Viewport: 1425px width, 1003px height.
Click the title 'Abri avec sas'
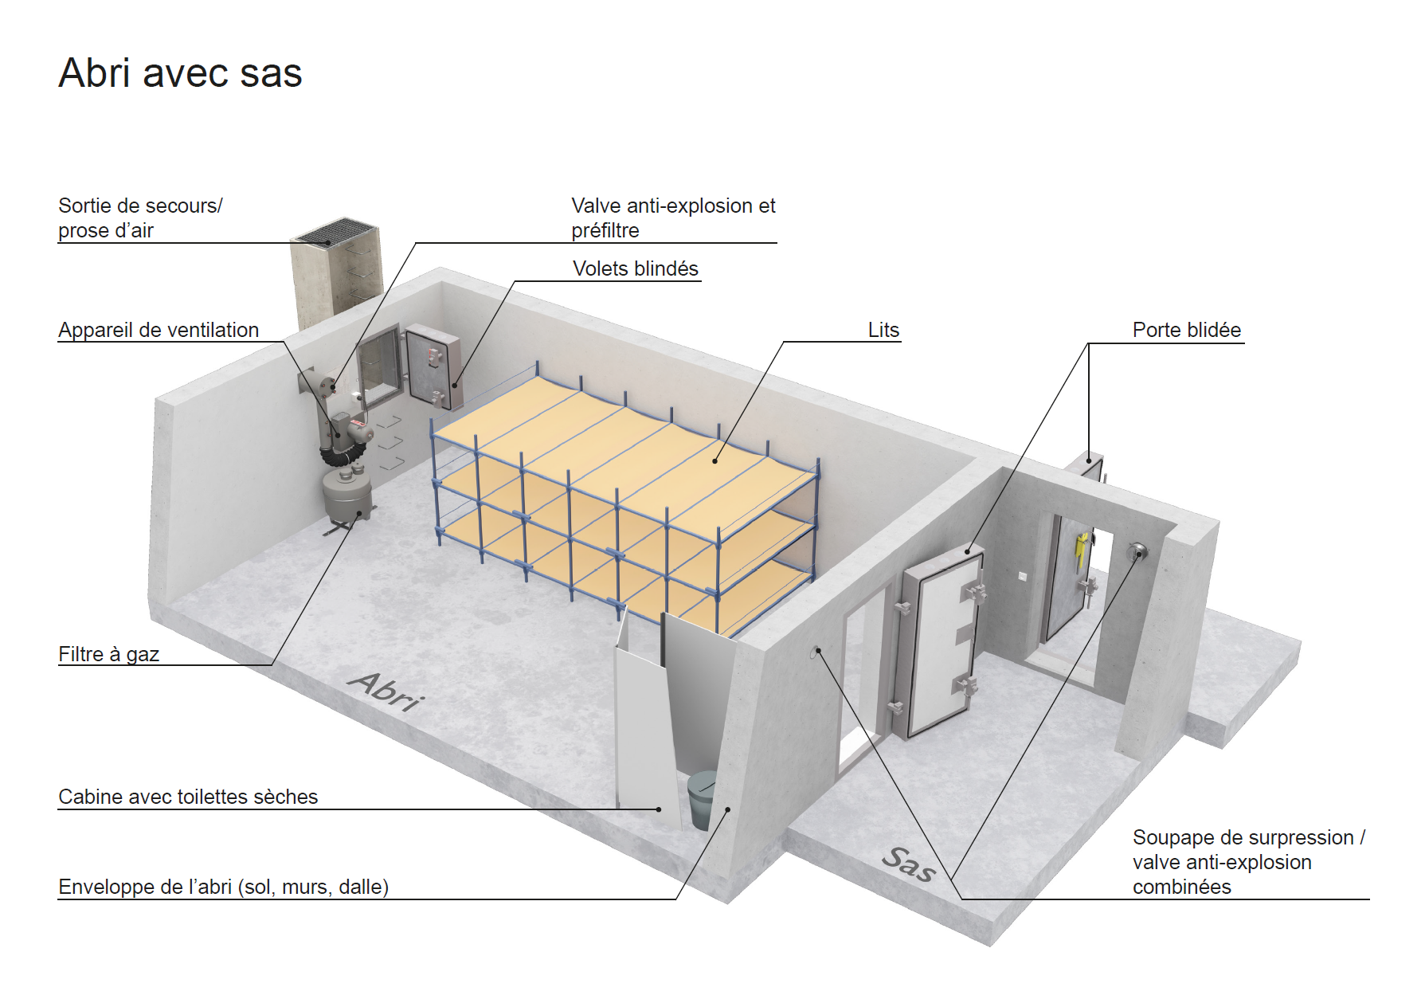[x=180, y=73]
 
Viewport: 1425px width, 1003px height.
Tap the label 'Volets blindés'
[x=635, y=268]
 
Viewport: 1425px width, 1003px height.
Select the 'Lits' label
[x=883, y=330]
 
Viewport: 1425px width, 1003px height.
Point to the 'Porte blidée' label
[x=1187, y=330]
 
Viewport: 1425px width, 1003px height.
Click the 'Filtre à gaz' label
[x=108, y=654]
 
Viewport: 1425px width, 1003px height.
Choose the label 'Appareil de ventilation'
[x=159, y=330]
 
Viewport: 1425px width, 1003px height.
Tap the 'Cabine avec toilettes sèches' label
[x=188, y=797]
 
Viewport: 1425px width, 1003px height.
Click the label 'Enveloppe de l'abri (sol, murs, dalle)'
[x=224, y=887]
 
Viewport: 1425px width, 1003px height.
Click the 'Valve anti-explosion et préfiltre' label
[x=673, y=217]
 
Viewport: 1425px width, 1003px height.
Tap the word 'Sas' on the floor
[x=908, y=864]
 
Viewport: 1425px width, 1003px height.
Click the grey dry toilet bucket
[x=702, y=799]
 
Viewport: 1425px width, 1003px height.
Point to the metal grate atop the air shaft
[x=335, y=231]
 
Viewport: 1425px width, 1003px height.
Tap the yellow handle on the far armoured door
[x=1081, y=547]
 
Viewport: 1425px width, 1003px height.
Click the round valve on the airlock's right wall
[x=1137, y=551]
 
